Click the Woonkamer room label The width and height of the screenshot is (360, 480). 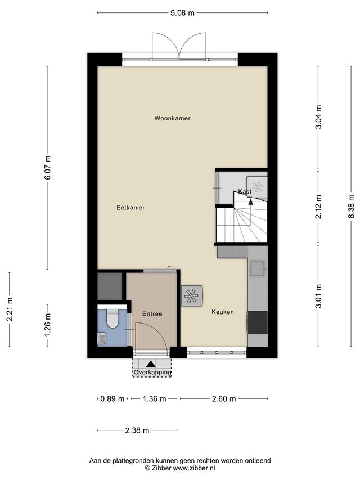(x=172, y=118)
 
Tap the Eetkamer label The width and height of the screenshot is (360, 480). (x=130, y=208)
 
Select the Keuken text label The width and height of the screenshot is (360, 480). (x=223, y=312)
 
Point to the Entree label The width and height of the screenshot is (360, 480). (x=152, y=314)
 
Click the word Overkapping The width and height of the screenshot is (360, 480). (x=152, y=373)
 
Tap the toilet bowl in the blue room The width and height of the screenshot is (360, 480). (x=112, y=318)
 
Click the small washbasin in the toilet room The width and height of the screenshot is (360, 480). (x=102, y=338)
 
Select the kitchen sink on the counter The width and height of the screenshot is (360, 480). (x=257, y=269)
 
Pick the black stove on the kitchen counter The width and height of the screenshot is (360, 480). (x=258, y=322)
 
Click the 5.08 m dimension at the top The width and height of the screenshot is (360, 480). (x=182, y=13)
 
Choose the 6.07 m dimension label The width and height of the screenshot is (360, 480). (x=47, y=168)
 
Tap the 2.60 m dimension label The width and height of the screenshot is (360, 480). (x=224, y=399)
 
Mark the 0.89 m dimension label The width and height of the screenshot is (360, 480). (x=112, y=399)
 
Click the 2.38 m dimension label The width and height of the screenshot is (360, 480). (x=137, y=430)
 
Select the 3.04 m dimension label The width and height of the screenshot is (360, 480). (x=319, y=117)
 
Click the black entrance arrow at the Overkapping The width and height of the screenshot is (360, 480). (x=150, y=364)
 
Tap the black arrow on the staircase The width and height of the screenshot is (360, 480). (x=251, y=201)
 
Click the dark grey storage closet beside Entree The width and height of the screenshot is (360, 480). (x=110, y=286)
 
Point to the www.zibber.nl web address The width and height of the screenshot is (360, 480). (x=194, y=468)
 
